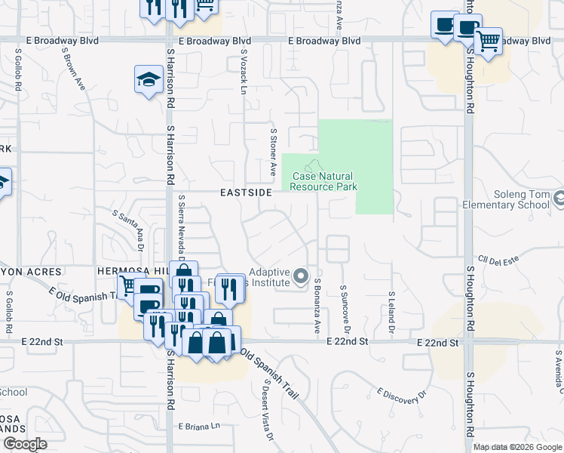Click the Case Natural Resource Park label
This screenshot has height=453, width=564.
click(323, 181)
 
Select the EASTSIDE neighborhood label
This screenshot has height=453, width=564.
click(246, 193)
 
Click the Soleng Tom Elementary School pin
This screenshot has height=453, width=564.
click(559, 199)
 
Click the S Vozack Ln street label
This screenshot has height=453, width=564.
click(244, 72)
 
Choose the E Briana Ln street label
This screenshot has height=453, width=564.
click(200, 427)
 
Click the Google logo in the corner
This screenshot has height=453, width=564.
click(25, 444)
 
